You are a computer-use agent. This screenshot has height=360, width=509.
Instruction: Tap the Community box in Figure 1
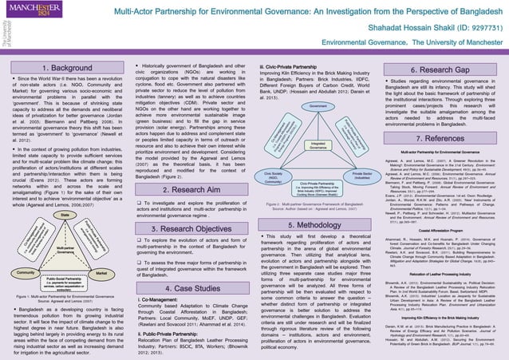click(27, 272)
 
